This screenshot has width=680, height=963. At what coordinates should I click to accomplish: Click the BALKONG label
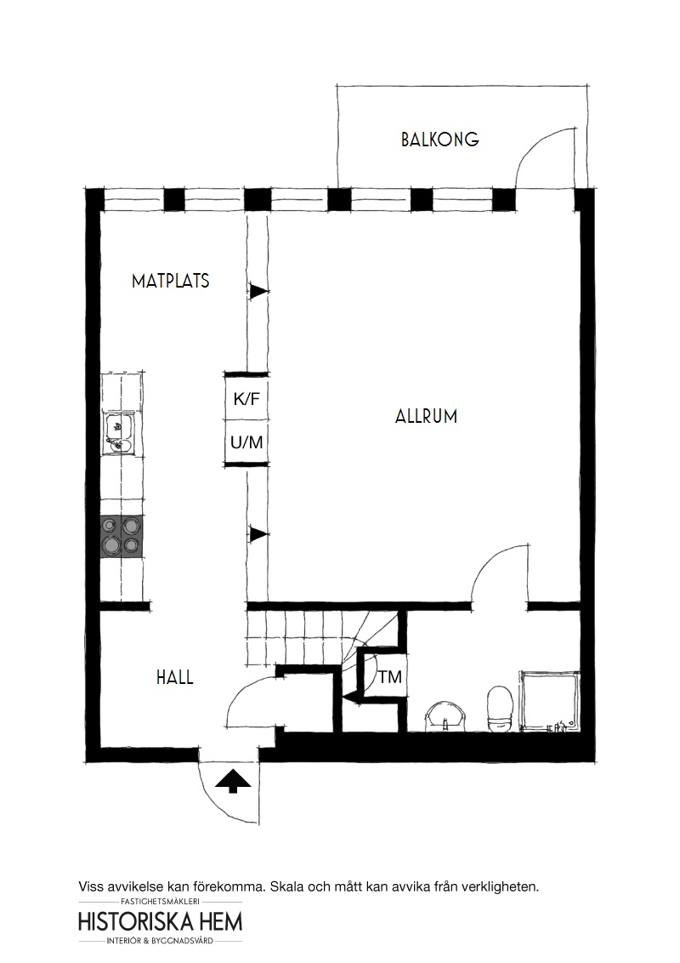click(440, 140)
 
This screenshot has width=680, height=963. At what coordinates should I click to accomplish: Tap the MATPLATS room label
click(171, 282)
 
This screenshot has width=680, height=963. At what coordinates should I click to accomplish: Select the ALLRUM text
click(427, 416)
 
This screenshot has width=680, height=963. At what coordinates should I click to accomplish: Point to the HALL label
click(175, 677)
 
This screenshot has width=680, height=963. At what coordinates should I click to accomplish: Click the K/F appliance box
click(246, 398)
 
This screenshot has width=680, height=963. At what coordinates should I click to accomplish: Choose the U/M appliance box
click(246, 443)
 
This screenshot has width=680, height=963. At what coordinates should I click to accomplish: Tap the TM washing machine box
click(384, 677)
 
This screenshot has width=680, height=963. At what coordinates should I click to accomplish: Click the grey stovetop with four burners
click(122, 536)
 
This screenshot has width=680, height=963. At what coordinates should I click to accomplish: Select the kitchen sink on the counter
click(117, 434)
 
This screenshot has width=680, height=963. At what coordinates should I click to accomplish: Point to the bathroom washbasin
click(446, 716)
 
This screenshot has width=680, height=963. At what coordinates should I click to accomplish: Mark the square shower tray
click(549, 701)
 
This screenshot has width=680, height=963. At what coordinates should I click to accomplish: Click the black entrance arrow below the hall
click(234, 781)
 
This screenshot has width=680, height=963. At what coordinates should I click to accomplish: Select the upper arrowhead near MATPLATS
click(258, 290)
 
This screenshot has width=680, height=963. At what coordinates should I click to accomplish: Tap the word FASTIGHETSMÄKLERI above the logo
click(161, 902)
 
